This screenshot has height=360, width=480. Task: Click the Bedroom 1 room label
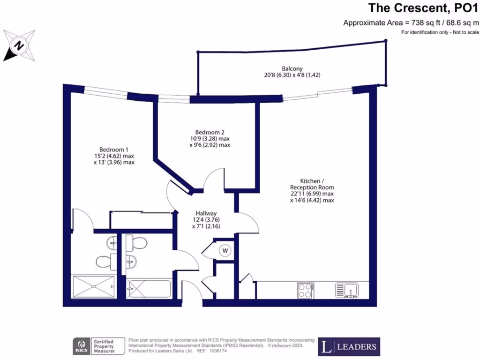coord(114,150)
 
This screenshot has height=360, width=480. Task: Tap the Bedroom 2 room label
coord(210,132)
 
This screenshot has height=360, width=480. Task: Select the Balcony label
coord(292,68)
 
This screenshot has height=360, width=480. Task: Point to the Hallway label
coord(206,213)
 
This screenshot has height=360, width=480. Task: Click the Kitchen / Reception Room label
coord(312,184)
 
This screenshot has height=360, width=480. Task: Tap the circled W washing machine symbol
coord(225,251)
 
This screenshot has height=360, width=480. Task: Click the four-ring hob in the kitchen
coord(305,290)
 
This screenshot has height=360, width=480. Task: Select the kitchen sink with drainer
coord(346,290)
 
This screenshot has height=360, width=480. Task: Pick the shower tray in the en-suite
coord(93,286)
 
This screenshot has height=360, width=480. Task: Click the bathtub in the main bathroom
coord(149,288)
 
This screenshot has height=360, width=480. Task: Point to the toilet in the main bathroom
coord(136,243)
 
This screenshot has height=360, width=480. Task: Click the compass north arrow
coord(19,45)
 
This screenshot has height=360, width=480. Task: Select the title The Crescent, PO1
coord(423,8)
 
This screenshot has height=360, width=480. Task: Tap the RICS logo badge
coord(82,346)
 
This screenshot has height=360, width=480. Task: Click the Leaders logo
coord(349,347)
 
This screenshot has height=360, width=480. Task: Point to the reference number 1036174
coord(216,351)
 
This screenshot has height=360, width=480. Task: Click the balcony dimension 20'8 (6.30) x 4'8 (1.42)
coord(292,75)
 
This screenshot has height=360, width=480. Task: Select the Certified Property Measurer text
coord(104,346)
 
